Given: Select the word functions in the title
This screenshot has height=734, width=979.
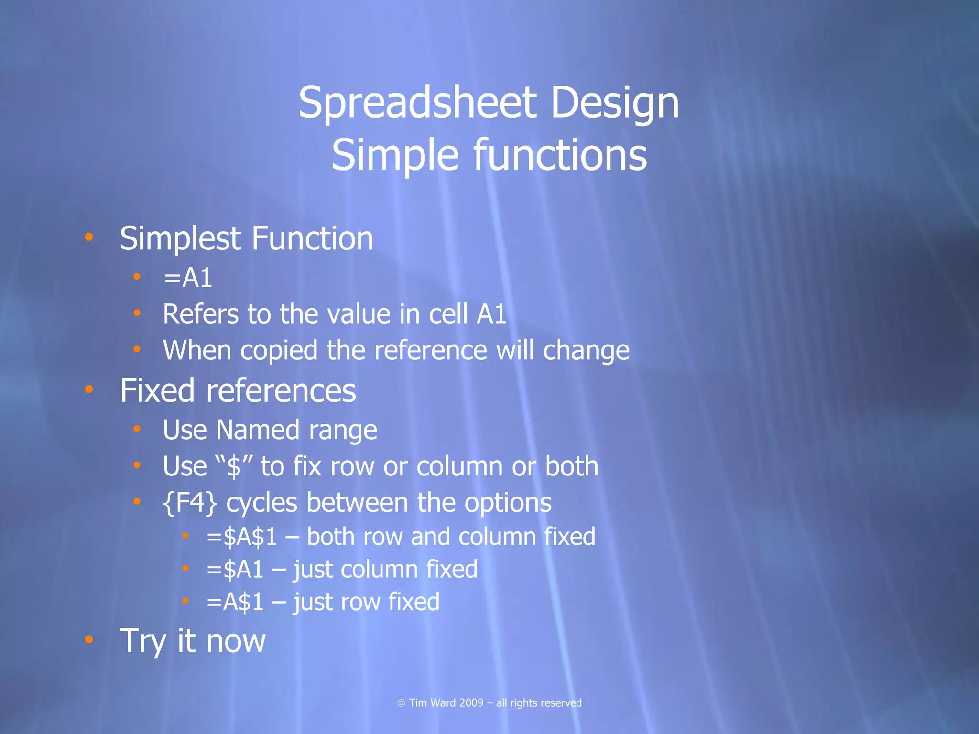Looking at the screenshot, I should coord(560,155).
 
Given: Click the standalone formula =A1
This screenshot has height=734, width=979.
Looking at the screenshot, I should coord(187,278).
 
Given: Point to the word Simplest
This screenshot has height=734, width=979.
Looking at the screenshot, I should coord(180,239).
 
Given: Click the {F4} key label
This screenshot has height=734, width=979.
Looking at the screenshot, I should coord(190,503).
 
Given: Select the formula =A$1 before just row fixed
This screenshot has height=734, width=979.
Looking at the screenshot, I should coord(235,602).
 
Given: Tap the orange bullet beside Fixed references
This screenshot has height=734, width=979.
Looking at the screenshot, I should coord(88,389).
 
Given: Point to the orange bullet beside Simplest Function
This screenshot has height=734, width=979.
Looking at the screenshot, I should coord(88,237).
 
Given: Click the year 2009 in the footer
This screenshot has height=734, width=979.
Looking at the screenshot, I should coord(471,703).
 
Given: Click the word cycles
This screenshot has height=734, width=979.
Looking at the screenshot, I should coord(261,503).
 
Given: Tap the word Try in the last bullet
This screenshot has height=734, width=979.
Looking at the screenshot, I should coord(145,641).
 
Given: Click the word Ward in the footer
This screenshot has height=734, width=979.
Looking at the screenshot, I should coord(443,703).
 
